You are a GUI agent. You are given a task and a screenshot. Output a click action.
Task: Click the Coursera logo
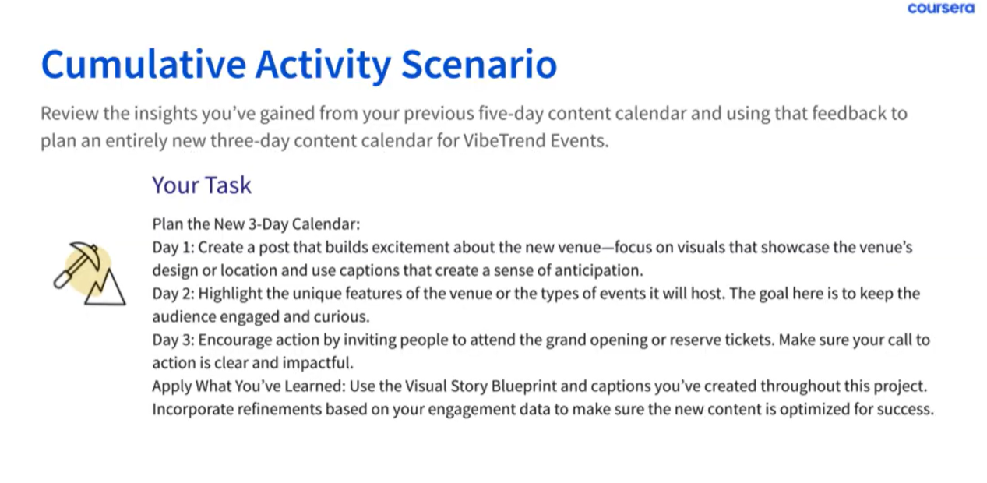click(x=941, y=8)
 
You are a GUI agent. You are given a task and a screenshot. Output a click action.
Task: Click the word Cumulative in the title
click(x=143, y=65)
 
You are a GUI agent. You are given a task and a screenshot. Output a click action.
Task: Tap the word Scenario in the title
click(x=479, y=65)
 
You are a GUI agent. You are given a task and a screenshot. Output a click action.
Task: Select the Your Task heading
click(x=201, y=185)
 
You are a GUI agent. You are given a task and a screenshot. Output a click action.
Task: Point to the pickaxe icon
click(x=77, y=264)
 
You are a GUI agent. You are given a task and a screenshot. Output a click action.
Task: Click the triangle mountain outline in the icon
click(x=106, y=289)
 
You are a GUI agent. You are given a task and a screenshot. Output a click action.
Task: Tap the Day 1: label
click(x=173, y=247)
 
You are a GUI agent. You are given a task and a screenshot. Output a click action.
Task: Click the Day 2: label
click(x=173, y=294)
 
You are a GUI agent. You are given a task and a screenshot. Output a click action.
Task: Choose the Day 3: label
click(x=173, y=340)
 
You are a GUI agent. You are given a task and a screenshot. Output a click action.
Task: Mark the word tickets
click(x=749, y=340)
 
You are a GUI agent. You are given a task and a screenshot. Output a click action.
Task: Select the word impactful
click(x=318, y=363)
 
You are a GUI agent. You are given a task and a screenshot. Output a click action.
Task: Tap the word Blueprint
click(x=523, y=386)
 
